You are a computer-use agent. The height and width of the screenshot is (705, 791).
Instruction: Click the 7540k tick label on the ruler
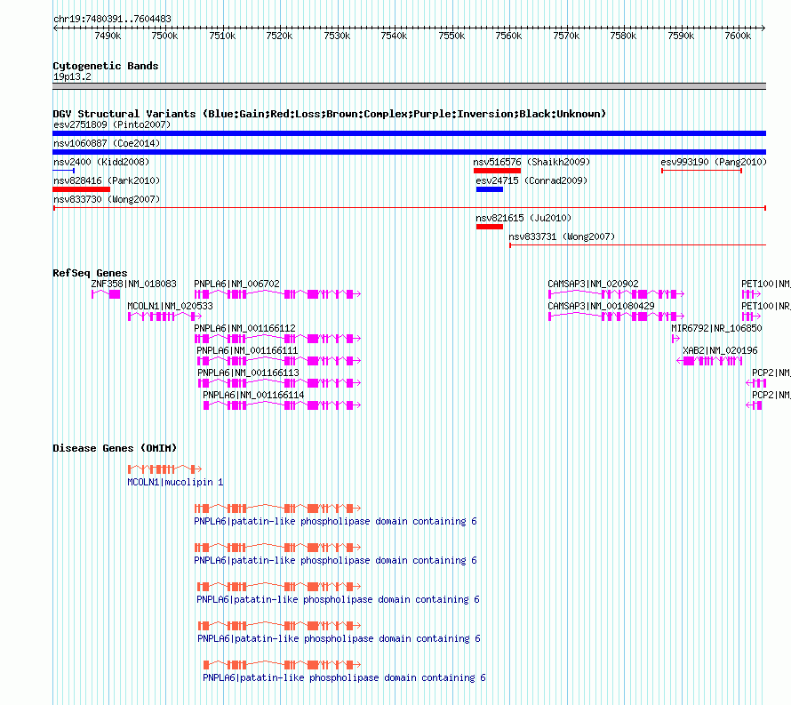pos(394,36)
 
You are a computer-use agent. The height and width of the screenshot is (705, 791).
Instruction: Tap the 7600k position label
pos(738,36)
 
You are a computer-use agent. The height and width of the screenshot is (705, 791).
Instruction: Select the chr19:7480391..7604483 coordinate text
pos(112,20)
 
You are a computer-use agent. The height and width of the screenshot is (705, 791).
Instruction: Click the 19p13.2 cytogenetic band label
pos(72,76)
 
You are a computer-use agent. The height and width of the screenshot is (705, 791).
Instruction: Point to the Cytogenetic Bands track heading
pos(106,66)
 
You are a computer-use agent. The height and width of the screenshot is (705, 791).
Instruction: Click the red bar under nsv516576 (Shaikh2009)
pos(497,171)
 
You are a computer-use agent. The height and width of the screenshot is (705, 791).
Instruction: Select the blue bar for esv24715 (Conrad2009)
pos(490,189)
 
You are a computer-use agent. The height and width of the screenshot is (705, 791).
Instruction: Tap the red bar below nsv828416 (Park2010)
pos(81,189)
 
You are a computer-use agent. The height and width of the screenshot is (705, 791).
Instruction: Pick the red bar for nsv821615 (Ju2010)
pos(490,227)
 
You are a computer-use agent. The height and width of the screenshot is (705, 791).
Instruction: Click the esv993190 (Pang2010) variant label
pos(714,162)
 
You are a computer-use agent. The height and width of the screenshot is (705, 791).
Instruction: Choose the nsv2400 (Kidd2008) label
pos(101,162)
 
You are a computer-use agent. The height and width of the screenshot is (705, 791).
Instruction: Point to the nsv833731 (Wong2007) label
pos(562,236)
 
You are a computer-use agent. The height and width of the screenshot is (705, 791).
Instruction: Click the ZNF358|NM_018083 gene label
pos(133,284)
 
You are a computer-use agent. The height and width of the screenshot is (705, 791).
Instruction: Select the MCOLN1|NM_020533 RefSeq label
pos(170,306)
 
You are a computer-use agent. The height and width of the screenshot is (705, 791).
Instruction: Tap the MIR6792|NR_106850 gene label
pos(716,328)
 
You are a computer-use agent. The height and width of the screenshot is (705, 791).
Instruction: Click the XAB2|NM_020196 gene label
pos(720,350)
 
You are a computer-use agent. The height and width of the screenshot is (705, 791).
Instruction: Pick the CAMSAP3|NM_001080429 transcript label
pos(602,306)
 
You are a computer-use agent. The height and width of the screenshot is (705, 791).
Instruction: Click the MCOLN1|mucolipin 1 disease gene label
pos(175,482)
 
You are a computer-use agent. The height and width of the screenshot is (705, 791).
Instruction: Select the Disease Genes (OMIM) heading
pos(115,448)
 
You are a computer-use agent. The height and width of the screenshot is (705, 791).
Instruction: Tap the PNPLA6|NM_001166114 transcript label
pos(253,395)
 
